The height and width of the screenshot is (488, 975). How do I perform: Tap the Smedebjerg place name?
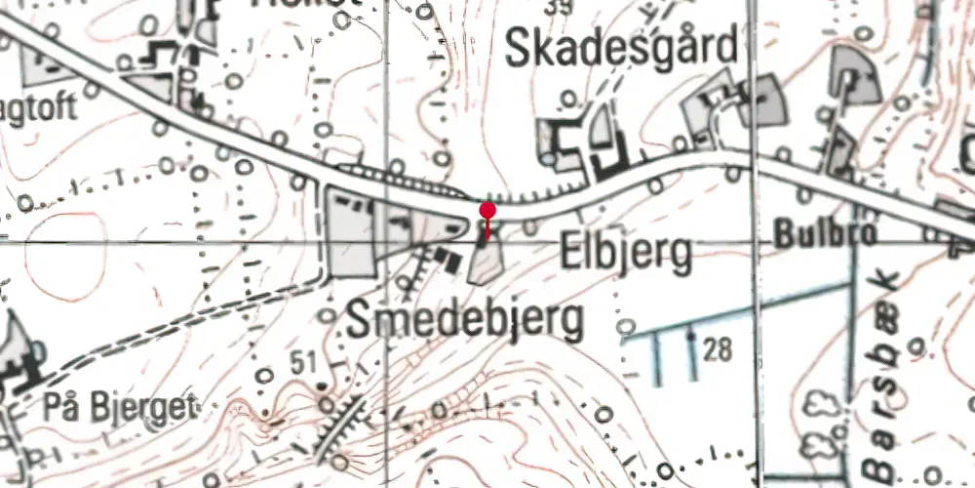467,320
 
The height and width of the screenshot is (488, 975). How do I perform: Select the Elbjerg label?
627,254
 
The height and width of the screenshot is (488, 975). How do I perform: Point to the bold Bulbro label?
812,234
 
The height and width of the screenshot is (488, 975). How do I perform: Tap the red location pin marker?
487,211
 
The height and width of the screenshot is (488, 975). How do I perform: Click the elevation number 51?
303,364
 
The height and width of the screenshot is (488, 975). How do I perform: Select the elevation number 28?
717,349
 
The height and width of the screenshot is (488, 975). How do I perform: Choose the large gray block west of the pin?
350,232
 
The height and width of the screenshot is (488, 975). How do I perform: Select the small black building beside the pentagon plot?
449,261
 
